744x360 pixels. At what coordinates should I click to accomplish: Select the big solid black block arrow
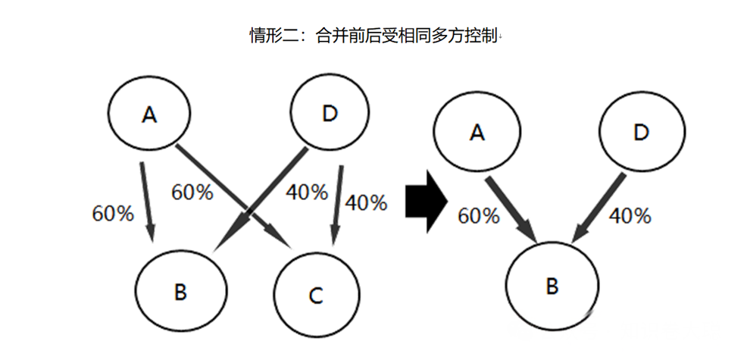click(427, 202)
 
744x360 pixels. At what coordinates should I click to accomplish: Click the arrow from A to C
click(234, 197)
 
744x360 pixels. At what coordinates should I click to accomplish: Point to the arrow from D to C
click(337, 205)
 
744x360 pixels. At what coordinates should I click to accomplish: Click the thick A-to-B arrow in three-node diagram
click(511, 210)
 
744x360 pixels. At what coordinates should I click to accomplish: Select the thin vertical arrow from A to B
click(147, 202)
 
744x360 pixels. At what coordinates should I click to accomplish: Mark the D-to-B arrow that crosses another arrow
click(260, 199)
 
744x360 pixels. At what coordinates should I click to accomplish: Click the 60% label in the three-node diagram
click(479, 216)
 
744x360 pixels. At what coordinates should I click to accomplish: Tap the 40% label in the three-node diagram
click(630, 216)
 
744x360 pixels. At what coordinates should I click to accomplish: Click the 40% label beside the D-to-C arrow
click(366, 203)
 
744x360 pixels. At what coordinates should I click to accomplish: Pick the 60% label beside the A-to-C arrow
click(192, 193)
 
